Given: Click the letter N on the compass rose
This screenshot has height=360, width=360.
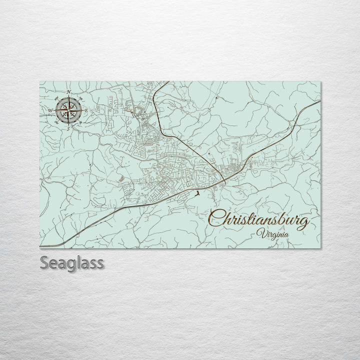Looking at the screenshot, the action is click(68, 91).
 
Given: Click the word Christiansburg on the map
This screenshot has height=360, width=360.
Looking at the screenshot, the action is click(259, 220).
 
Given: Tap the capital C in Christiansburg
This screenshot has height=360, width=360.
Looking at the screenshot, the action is click(216, 219).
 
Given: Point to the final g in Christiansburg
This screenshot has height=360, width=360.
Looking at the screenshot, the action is click(301, 223).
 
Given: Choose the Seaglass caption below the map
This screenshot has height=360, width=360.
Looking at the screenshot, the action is click(72, 263).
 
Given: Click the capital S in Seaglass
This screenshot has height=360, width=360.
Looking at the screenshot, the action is click(44, 263).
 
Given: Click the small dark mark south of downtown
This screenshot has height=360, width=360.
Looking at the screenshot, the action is click(198, 193).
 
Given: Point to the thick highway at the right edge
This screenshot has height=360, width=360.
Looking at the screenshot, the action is click(319, 101).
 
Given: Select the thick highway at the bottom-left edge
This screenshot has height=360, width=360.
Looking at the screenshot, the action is click(42, 246).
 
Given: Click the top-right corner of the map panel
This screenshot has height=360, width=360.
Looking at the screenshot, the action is click(320, 82).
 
